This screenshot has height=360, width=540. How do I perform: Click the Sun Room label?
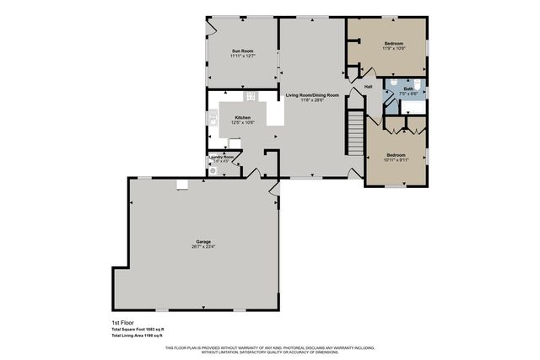(242, 51)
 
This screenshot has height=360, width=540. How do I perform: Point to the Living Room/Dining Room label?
(312, 95)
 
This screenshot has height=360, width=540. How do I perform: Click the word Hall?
(369, 87)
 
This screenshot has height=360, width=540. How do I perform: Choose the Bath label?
(408, 89)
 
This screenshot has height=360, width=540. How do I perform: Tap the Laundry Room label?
(223, 156)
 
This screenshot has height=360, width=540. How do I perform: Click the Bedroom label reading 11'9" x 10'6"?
(394, 43)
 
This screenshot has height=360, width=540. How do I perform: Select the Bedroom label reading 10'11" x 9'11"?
(396, 155)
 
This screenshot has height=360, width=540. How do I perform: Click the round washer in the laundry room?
(213, 169)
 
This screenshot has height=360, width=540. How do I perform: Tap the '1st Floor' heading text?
(122, 323)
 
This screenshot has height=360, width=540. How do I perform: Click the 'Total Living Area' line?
(138, 335)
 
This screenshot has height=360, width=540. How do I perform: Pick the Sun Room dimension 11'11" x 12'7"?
(242, 56)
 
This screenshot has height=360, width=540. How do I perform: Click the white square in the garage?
(181, 185)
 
